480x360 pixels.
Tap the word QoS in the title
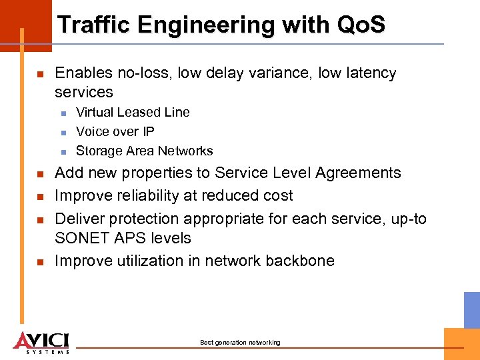[361, 25]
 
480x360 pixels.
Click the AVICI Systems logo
[41, 341]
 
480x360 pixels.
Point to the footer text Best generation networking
[240, 343]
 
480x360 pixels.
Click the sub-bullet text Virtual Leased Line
[133, 112]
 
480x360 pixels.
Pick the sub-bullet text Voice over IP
[115, 131]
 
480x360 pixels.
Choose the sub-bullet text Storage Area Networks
[145, 151]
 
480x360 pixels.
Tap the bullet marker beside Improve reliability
[40, 197]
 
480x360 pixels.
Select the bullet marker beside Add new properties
[40, 174]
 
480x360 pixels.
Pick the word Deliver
[77, 219]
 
